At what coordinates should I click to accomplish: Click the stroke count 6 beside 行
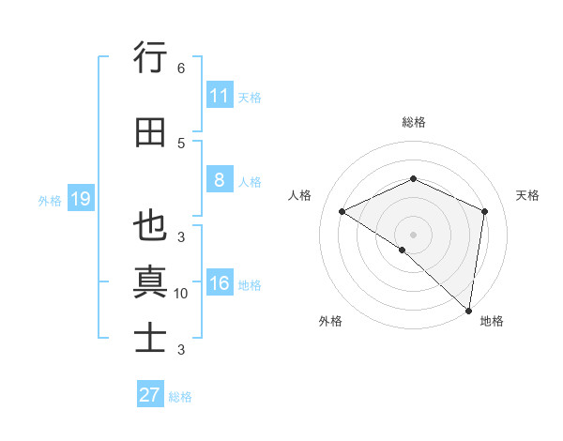181,68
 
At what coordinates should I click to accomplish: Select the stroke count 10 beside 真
181,294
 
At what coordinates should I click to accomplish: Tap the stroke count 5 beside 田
181,143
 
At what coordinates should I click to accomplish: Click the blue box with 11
219,96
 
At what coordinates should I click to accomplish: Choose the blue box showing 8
219,180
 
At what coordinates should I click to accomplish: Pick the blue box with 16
219,283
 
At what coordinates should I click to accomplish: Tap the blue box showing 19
80,199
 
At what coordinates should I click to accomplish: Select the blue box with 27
149,395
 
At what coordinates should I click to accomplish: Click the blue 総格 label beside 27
180,397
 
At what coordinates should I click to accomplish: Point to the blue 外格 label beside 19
50,200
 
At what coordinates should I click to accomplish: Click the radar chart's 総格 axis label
413,122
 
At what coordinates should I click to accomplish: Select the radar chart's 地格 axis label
492,321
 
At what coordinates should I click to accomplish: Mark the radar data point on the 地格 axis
468,310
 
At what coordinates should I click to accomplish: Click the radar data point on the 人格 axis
342,211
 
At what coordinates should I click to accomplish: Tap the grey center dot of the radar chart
413,234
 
